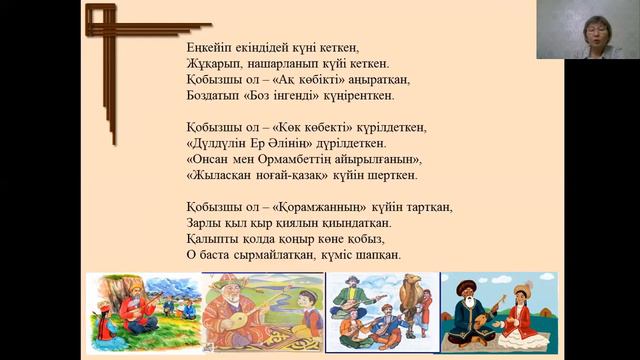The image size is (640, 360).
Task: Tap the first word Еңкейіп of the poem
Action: pos(211,47)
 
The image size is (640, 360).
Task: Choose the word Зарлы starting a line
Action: pos(203,223)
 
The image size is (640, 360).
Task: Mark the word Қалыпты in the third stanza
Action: pos(211,239)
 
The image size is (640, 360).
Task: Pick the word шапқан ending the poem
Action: pos(379,255)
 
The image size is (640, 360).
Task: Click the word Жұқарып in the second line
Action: pos(212,63)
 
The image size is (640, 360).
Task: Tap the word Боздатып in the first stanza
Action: pos(214,95)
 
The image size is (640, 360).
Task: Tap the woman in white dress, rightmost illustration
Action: pos(521,311)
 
